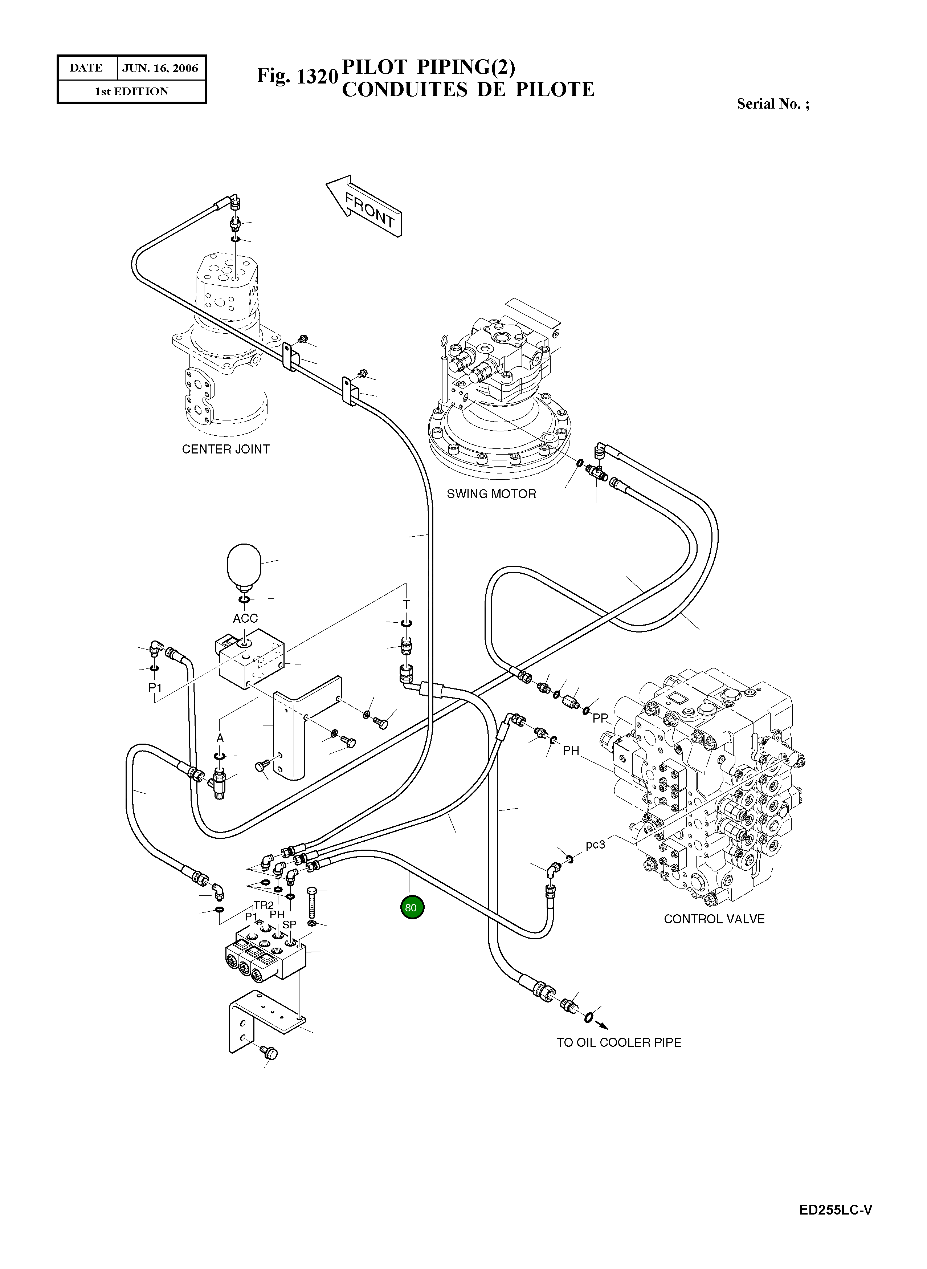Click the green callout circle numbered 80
click(x=412, y=908)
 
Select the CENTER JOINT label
click(x=225, y=449)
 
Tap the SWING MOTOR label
click(x=491, y=494)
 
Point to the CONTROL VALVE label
click(x=714, y=919)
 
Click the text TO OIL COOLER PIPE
click(x=618, y=1042)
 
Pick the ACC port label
click(x=245, y=618)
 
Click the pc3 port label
click(x=595, y=844)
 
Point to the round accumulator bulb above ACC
click(x=244, y=565)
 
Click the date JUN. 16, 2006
click(x=160, y=68)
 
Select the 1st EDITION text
click(x=131, y=91)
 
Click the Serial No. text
click(x=773, y=104)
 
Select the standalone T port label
click(x=406, y=604)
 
